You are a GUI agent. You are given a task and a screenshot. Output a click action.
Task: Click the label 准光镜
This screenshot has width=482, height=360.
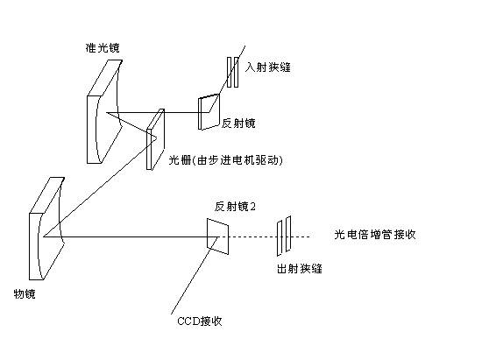(x=103, y=47)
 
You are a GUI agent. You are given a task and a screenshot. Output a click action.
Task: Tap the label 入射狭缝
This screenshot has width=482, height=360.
(x=268, y=67)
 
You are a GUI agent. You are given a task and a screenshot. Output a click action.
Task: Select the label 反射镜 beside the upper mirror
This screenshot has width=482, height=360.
(x=238, y=124)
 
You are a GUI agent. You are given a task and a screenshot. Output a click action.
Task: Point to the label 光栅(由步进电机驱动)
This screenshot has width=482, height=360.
(x=225, y=160)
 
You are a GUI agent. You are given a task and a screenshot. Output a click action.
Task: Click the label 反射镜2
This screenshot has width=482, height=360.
(x=235, y=207)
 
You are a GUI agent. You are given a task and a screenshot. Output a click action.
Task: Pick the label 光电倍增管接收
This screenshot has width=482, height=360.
(x=375, y=235)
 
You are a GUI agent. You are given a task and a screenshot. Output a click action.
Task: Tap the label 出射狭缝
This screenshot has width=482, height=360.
(x=300, y=269)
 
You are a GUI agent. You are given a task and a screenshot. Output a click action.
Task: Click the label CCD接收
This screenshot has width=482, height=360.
(x=200, y=321)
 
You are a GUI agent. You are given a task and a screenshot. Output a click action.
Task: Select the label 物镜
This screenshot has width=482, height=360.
(x=25, y=294)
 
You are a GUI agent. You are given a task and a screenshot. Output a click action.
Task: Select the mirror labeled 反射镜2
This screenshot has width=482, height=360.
(x=217, y=236)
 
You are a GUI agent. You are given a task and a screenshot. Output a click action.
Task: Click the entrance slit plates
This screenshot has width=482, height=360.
(x=233, y=72)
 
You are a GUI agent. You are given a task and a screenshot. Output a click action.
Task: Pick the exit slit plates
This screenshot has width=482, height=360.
(x=284, y=236)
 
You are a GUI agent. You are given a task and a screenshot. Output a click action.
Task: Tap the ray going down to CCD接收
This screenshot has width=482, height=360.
(x=195, y=276)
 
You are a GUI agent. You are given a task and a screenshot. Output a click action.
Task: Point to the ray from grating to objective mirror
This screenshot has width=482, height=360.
(x=100, y=187)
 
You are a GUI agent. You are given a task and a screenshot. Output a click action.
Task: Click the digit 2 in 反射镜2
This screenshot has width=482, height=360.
(x=252, y=207)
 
